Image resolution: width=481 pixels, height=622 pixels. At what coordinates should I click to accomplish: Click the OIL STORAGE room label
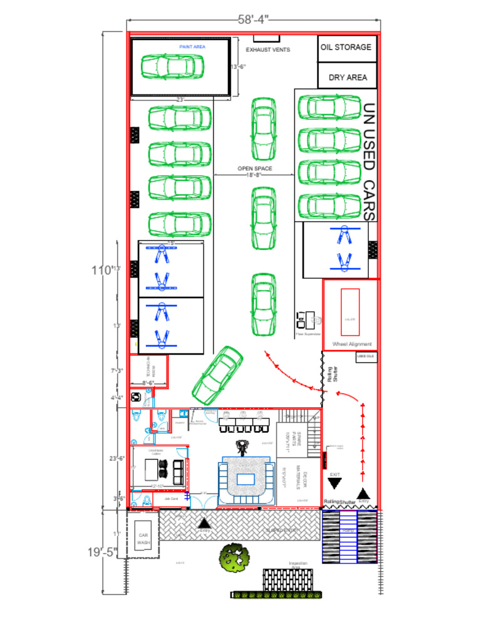click(x=346, y=47)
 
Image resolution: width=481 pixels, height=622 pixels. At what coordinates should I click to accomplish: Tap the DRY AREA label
click(x=348, y=78)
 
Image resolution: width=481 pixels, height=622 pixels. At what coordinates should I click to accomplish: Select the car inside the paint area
click(x=173, y=66)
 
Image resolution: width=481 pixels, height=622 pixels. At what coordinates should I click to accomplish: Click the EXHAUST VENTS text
click(x=267, y=49)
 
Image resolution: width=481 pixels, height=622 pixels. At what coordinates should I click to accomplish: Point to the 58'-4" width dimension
click(x=253, y=19)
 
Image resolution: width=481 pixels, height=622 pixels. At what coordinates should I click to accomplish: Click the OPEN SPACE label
click(x=254, y=168)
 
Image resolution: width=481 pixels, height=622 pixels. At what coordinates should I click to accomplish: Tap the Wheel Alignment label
click(x=351, y=344)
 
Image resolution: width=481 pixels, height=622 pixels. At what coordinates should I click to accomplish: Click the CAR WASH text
click(x=144, y=539)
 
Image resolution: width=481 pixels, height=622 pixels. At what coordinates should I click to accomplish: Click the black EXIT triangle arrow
click(x=334, y=484)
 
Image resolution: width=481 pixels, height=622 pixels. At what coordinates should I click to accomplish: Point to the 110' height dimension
click(x=102, y=270)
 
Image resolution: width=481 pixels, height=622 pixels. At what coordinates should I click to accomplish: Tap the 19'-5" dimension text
click(x=102, y=552)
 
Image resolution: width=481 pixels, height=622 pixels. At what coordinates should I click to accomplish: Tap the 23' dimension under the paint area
click(x=180, y=100)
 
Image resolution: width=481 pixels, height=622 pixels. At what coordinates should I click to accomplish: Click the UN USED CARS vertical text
click(x=369, y=162)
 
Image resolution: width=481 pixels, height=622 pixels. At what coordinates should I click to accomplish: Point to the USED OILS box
click(x=366, y=356)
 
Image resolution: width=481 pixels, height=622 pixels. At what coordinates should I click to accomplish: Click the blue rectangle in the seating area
click(x=244, y=479)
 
